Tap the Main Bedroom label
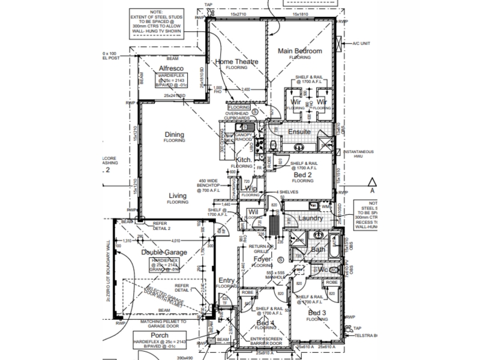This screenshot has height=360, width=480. click(301, 51)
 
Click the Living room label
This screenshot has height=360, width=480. click(177, 196)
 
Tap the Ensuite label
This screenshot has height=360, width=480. click(298, 131)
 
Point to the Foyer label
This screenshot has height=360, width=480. click(263, 259)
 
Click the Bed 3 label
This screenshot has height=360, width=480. click(317, 314)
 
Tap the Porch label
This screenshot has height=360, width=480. click(159, 335)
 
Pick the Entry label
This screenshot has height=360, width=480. click(227, 280)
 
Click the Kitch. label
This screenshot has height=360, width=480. click(243, 160)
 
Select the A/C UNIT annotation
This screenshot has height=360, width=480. click(360, 43)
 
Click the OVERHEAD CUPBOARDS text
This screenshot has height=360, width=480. click(236, 115)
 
